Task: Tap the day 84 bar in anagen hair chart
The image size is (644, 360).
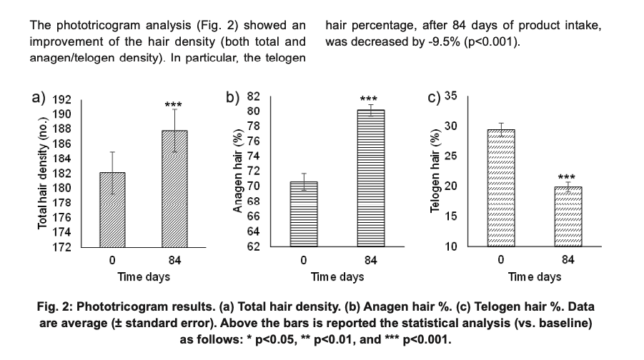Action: click(x=371, y=179)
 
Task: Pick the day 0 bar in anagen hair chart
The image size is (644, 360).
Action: click(x=304, y=214)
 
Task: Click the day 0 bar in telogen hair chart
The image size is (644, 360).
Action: click(x=500, y=188)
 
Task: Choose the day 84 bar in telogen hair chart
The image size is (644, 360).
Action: click(x=568, y=216)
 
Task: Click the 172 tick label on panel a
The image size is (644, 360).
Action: click(x=63, y=247)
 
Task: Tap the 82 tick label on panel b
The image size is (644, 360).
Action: click(x=253, y=96)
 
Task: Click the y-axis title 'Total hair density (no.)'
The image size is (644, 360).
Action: click(x=43, y=171)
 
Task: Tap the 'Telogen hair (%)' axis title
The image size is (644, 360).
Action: click(x=435, y=174)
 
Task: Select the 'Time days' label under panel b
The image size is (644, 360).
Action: click(x=337, y=276)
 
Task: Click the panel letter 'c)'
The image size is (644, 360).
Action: click(x=436, y=98)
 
